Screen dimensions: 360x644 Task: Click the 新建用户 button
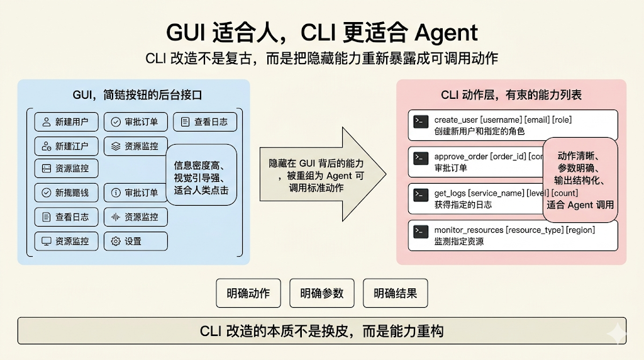66,122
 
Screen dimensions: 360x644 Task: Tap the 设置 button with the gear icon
135,241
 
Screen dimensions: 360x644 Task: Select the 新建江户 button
66,146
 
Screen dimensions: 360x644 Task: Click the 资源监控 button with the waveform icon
135,217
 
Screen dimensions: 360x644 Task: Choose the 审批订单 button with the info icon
135,193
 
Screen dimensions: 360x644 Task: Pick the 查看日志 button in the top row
204,122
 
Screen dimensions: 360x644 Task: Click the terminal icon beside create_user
421,121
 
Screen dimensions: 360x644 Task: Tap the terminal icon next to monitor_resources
421,232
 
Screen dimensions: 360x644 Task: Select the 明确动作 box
248,293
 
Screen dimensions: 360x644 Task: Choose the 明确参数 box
322,293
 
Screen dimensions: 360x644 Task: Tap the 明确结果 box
395,293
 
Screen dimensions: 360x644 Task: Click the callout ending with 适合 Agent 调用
580,180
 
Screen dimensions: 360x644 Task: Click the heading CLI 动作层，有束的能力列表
511,95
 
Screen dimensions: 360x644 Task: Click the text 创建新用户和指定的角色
479,132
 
